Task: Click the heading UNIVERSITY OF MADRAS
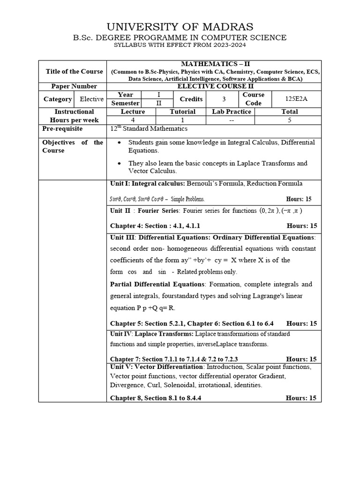pos(180,27)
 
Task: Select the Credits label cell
pos(191,99)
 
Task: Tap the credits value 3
pos(224,99)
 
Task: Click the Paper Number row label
pos(75,86)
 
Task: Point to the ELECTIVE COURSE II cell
pos(214,86)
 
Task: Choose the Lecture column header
pos(133,112)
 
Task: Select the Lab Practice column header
pos(231,112)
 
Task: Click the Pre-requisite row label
pos(62,128)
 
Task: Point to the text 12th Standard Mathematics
pos(149,128)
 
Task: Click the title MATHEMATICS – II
pos(214,64)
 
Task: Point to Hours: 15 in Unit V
pos(301,398)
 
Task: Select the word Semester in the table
pos(125,103)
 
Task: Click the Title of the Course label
pos(74,71)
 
